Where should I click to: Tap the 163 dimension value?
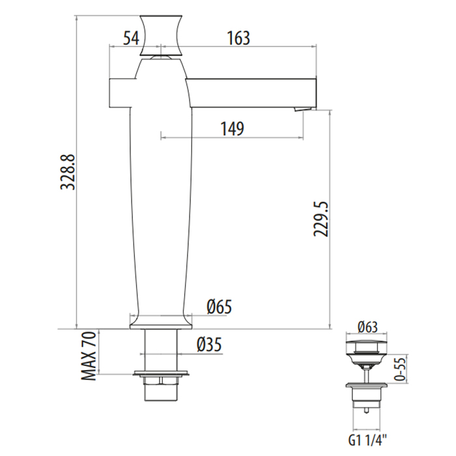point(238,38)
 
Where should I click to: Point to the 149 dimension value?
point(231,128)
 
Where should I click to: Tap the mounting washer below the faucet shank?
point(160,375)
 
